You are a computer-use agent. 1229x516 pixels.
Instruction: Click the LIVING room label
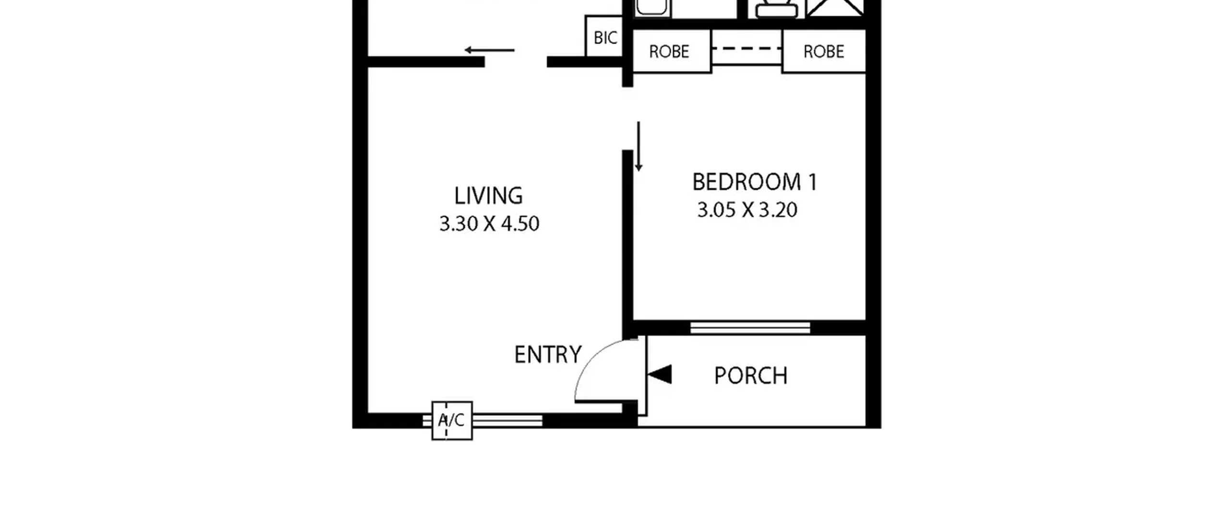pos(488,196)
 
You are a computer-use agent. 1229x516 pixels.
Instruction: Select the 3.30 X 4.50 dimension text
pos(489,224)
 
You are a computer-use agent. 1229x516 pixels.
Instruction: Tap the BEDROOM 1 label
pos(754,182)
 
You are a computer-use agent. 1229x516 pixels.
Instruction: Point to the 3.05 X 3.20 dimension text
pos(747,210)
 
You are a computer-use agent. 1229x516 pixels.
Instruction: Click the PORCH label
pos(751,375)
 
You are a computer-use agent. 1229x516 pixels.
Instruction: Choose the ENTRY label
pos(548,355)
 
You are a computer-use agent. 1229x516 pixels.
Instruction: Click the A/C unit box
pos(452,420)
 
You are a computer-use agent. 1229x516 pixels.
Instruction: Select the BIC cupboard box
pos(604,36)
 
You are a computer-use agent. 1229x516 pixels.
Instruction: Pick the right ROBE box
pos(824,51)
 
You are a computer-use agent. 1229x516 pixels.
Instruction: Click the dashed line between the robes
pos(747,48)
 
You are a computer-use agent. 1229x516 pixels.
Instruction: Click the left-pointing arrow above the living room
pos(489,50)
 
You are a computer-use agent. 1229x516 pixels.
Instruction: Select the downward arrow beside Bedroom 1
pos(639,146)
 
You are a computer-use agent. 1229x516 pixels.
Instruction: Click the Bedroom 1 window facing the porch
pos(750,328)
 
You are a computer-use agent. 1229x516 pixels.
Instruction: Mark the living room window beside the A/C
pos(507,421)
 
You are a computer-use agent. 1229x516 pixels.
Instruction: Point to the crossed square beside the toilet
pos(836,8)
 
